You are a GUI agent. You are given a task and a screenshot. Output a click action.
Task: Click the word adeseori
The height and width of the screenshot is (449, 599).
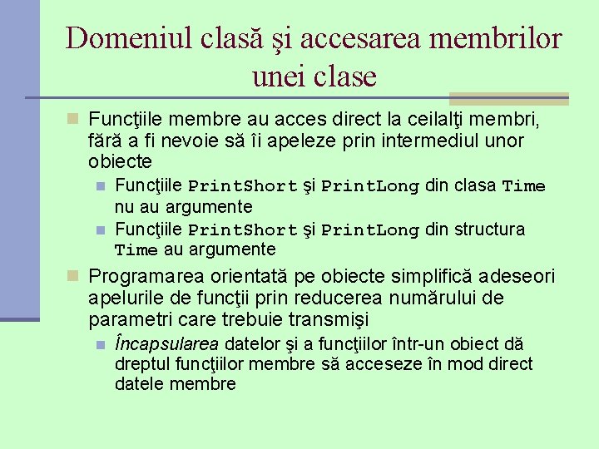(x=497, y=277)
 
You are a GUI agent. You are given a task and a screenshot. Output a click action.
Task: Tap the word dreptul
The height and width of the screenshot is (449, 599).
(x=144, y=363)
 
